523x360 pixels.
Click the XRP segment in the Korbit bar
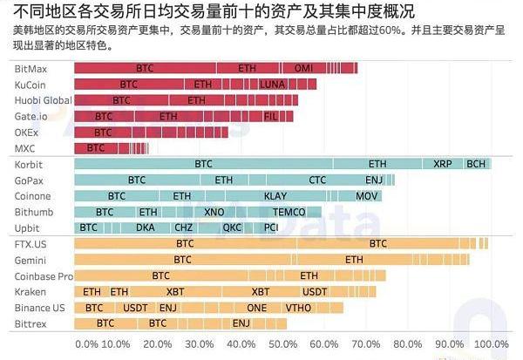(x=443, y=164)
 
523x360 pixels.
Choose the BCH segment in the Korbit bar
(x=476, y=164)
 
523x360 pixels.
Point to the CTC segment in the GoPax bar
(x=317, y=180)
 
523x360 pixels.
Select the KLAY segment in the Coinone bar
(x=275, y=196)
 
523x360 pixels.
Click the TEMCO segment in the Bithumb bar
(x=289, y=212)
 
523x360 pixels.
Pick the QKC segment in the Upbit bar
(x=232, y=228)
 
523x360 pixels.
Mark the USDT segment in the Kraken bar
(x=314, y=292)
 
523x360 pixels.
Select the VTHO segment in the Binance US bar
(x=298, y=308)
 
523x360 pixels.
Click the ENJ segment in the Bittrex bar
(x=241, y=323)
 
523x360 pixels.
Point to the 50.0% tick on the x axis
(x=283, y=344)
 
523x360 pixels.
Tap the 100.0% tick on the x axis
(x=490, y=344)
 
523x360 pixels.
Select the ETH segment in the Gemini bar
(x=354, y=260)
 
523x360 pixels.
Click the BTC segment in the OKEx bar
(x=103, y=132)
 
